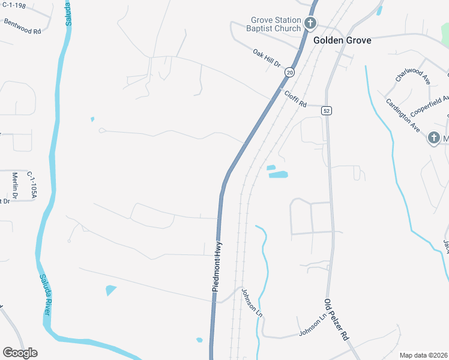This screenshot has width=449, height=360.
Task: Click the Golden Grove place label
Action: (342, 40)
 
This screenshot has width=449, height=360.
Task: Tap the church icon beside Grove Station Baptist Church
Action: (310, 24)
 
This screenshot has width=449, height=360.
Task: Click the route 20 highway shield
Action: (291, 72)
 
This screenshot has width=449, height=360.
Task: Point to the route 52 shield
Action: (326, 111)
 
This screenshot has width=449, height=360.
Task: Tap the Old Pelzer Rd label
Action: (336, 319)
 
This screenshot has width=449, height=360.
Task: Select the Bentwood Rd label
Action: (22, 26)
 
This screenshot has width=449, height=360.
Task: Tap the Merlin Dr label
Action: (16, 187)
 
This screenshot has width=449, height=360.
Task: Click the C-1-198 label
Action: (14, 6)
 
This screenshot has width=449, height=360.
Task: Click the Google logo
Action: (20, 353)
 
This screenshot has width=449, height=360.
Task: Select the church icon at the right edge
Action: (433, 139)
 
